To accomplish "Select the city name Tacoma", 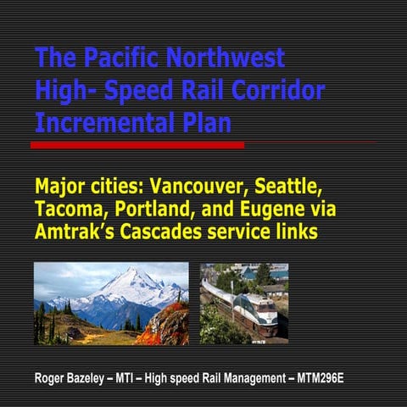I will [x=69, y=209].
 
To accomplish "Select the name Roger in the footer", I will [x=50, y=376].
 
